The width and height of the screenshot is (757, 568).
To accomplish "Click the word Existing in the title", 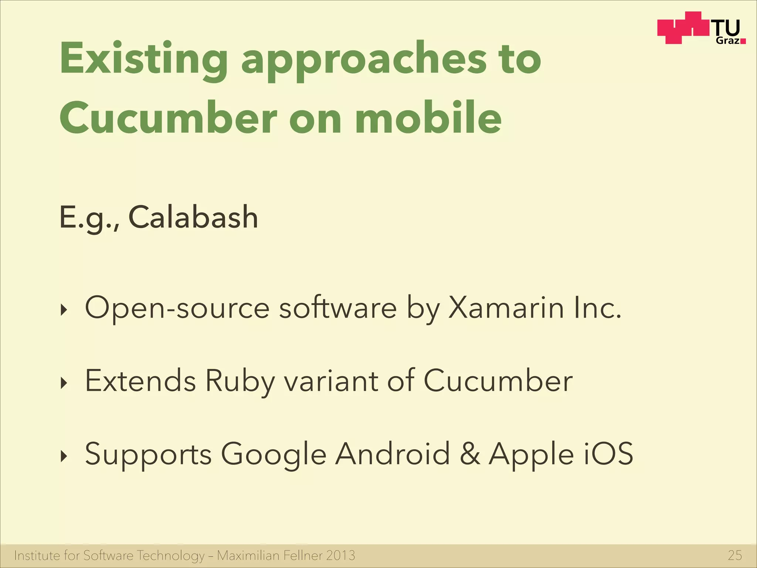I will (x=144, y=59).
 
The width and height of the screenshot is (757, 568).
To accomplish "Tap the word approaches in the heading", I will (x=364, y=59).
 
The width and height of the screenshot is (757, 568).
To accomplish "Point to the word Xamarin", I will (x=506, y=308).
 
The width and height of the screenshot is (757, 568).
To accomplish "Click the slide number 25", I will (x=734, y=555).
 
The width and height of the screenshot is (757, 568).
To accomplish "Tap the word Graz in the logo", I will (x=727, y=40).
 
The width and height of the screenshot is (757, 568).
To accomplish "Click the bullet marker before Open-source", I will (x=64, y=310).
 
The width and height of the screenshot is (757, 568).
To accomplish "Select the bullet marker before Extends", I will (x=64, y=383).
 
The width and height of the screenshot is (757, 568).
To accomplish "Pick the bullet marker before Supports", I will (x=64, y=457).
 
